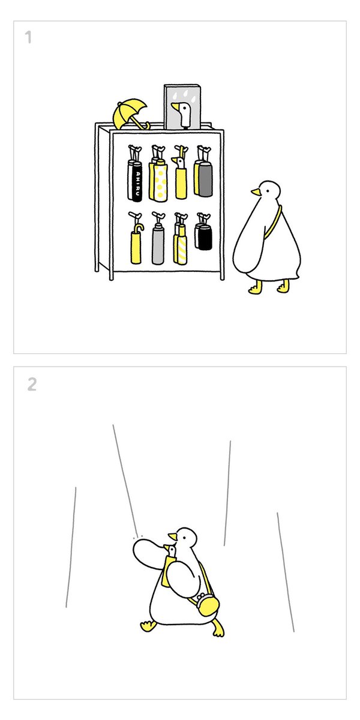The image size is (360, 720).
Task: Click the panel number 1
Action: [x=29, y=37]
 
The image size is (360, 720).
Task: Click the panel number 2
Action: [x=32, y=384]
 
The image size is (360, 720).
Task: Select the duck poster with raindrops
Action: [x=182, y=107]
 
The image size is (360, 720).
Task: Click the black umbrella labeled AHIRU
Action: [x=137, y=182]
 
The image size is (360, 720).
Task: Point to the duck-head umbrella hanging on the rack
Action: [x=181, y=178]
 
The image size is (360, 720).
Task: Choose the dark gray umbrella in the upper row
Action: [x=205, y=179]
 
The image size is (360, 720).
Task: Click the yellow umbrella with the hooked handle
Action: [x=136, y=244]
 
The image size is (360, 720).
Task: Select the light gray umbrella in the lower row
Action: [x=157, y=246]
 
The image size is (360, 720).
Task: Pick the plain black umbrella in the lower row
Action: [x=205, y=238]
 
